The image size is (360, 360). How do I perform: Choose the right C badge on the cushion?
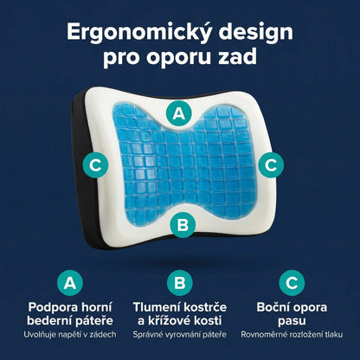point(271,162)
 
